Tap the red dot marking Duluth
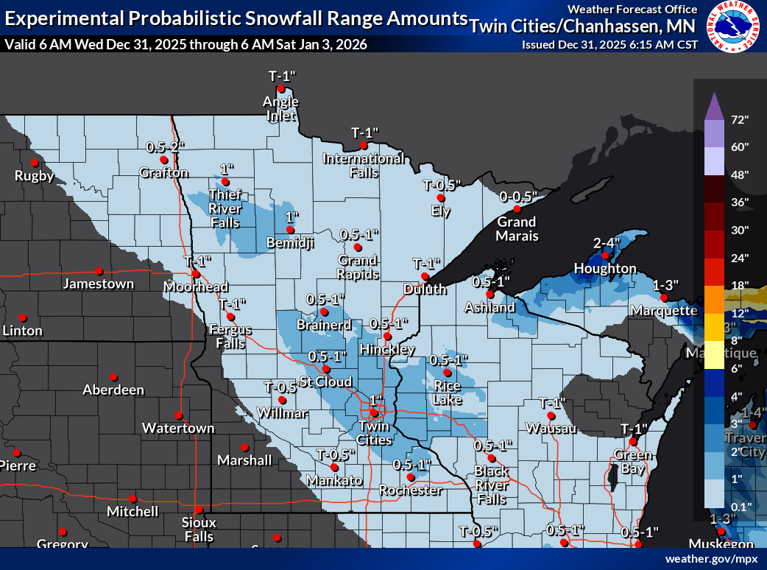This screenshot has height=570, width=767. click(425, 276)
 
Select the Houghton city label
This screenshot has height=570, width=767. click(604, 269)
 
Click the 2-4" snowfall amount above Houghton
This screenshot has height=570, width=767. click(607, 242)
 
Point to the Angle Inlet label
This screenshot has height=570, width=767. click(280, 108)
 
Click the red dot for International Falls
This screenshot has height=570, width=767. click(364, 145)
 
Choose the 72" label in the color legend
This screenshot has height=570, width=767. click(739, 119)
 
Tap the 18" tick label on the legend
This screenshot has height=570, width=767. click(739, 285)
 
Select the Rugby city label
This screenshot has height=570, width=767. click(35, 176)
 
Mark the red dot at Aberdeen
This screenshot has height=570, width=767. click(113, 376)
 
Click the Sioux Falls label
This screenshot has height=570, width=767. click(198, 529)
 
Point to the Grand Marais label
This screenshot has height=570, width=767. click(516, 229)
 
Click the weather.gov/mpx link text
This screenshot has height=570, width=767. click(710, 559)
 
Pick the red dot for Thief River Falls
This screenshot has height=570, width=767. click(225, 182)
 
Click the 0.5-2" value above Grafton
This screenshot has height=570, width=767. click(164, 147)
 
